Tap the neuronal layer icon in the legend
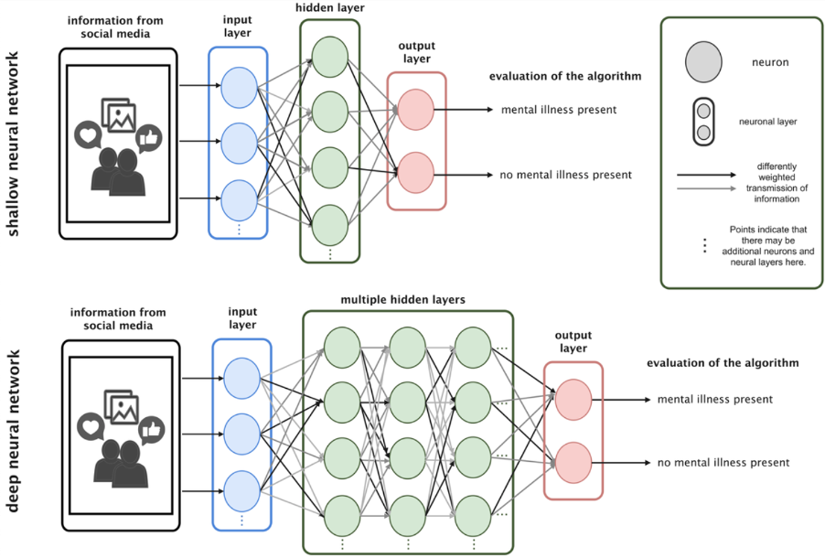tap(703, 122)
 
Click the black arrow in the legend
tap(706, 174)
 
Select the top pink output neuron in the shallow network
tap(415, 110)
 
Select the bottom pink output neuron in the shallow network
tap(415, 171)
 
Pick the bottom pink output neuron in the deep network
tap(573, 461)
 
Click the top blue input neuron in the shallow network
tap(239, 88)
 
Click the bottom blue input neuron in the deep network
tap(241, 488)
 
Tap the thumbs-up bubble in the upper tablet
tap(147, 139)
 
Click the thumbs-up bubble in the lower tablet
tap(150, 427)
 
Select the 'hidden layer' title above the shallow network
tap(328, 7)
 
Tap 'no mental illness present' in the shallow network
tap(565, 174)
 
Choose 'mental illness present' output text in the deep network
tap(714, 400)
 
